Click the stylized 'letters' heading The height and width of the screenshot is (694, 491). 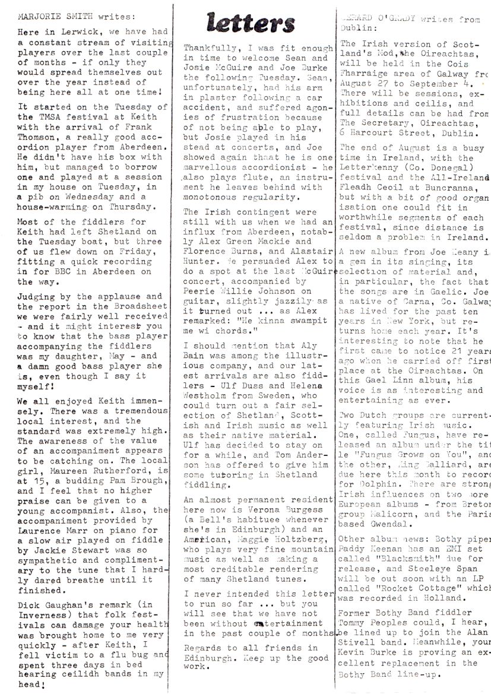[251, 23]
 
